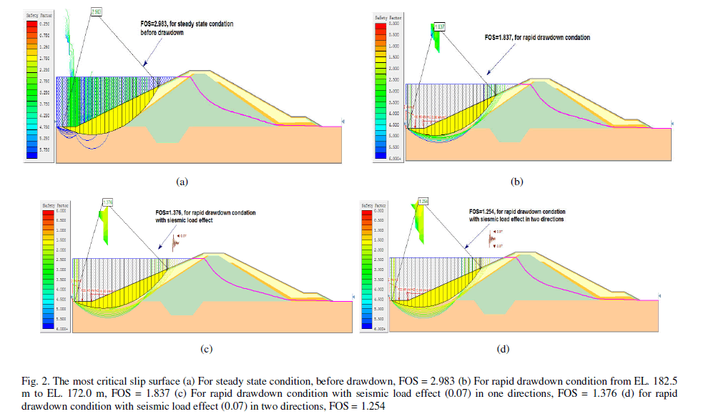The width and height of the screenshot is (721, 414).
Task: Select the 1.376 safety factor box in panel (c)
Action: pyautogui.click(x=108, y=202)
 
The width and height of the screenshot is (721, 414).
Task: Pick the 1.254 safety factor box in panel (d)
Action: pyautogui.click(x=423, y=201)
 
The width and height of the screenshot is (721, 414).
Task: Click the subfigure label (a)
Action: pyautogui.click(x=181, y=182)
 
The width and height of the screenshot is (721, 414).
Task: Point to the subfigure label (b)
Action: pyautogui.click(x=516, y=182)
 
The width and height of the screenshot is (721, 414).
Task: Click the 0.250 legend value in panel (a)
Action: pyautogui.click(x=45, y=24)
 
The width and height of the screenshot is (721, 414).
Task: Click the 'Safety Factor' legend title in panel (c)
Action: pyautogui.click(x=54, y=205)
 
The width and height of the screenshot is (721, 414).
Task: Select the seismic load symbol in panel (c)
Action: pyautogui.click(x=174, y=243)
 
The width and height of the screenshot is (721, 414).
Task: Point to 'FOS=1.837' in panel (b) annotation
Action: pyautogui.click(x=501, y=37)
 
